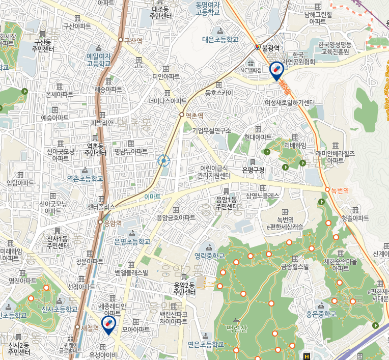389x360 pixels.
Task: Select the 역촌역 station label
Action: point(194,115)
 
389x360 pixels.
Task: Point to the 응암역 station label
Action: point(113,223)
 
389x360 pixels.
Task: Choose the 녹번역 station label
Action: point(340,190)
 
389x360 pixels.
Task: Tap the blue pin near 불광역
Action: point(276,70)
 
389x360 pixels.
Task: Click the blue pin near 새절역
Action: point(108,323)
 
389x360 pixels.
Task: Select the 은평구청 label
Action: point(253,170)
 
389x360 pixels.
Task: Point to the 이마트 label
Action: point(152,197)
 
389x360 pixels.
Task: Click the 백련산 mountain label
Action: point(237,328)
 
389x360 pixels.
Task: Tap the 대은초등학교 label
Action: point(220,39)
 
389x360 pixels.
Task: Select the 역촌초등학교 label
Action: point(85,178)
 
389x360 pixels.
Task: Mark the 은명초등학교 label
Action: point(132,241)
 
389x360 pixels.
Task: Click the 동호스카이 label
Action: point(219,93)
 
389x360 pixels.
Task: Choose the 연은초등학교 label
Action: point(206,344)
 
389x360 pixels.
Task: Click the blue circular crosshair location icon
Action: point(163,161)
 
